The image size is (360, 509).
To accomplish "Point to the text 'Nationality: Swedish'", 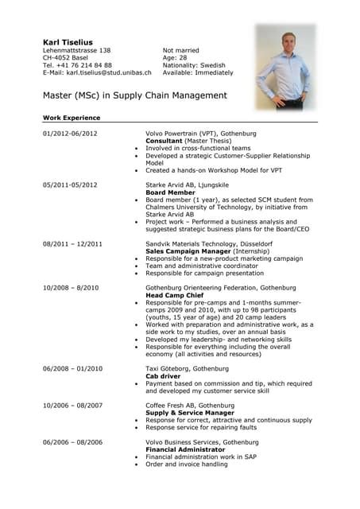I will click(x=194, y=65).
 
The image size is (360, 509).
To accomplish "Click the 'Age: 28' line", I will click(x=174, y=57).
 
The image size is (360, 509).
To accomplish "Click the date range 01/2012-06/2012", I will click(x=70, y=133).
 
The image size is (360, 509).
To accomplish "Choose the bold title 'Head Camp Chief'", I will click(x=173, y=294).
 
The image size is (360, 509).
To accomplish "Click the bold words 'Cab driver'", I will click(x=164, y=376).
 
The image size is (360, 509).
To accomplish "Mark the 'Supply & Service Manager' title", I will click(x=184, y=413).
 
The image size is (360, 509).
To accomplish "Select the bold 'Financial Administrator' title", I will click(x=181, y=449).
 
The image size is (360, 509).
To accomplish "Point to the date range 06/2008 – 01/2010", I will click(x=72, y=368).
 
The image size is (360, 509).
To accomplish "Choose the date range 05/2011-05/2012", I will click(x=70, y=184).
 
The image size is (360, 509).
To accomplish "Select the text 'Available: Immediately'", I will click(x=198, y=72).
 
